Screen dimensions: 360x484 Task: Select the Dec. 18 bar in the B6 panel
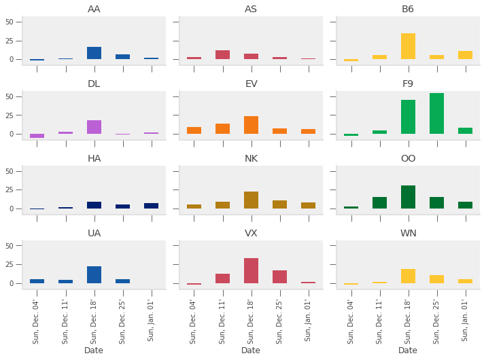[408, 46]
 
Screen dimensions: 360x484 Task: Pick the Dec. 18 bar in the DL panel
[94, 127]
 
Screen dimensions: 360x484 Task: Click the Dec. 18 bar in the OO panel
[408, 197]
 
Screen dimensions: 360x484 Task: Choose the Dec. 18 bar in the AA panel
[94, 53]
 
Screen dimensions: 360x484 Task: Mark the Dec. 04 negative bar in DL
[37, 136]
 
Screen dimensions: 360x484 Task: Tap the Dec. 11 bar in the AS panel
[222, 55]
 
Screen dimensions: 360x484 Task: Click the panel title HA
[94, 158]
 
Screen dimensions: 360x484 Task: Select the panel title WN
[408, 233]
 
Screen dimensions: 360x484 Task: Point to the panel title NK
[251, 158]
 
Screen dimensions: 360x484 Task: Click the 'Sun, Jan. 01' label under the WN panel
[466, 321]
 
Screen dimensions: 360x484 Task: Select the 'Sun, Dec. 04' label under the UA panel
[37, 321]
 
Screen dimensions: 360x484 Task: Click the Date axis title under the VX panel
[251, 350]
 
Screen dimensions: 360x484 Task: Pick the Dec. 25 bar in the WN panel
[436, 279]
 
